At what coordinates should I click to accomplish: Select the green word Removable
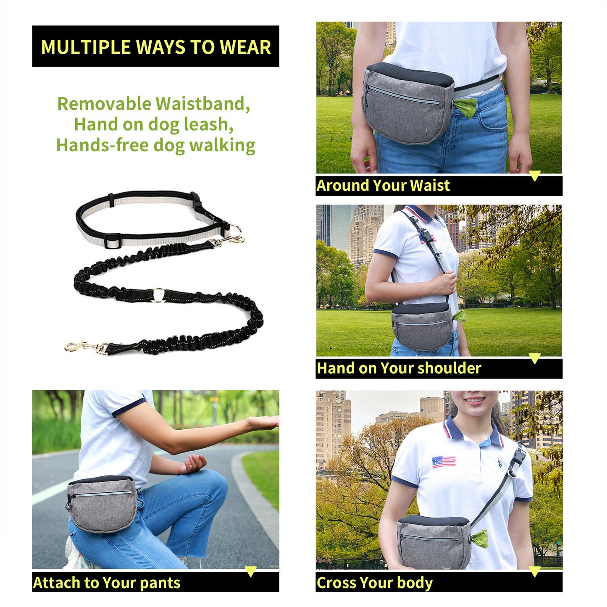[x=104, y=104]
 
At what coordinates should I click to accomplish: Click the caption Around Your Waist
[x=383, y=186]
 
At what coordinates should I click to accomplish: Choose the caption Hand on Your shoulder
[x=399, y=368]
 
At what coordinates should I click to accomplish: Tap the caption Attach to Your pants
[x=107, y=583]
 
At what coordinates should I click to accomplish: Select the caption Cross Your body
[x=374, y=583]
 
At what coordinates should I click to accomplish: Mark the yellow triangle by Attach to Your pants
[x=250, y=571]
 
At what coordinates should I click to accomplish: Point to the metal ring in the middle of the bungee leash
[x=159, y=294]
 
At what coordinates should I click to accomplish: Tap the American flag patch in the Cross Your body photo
[x=444, y=462]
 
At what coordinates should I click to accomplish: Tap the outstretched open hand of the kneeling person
[x=263, y=422]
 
